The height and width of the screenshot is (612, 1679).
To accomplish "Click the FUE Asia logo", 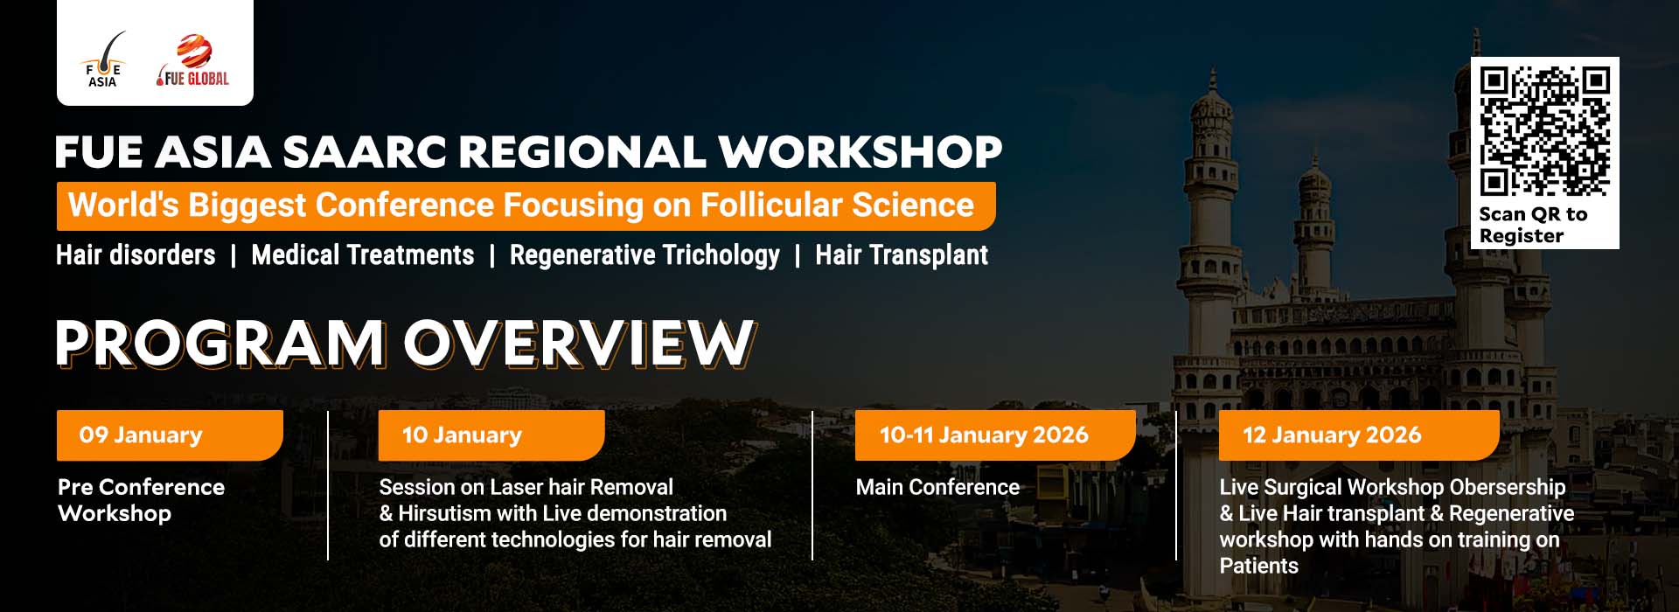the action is pyautogui.click(x=103, y=60).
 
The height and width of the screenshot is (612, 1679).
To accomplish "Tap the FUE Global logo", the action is pyautogui.click(x=193, y=60).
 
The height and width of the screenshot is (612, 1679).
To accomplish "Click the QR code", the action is pyautogui.click(x=1544, y=130).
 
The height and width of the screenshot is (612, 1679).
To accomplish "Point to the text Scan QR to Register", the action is pyautogui.click(x=1532, y=225).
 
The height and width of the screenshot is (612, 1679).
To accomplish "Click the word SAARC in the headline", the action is pyautogui.click(x=363, y=152).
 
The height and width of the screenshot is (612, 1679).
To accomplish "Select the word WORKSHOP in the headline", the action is pyautogui.click(x=860, y=152).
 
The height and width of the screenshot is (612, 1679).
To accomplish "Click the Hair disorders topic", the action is pyautogui.click(x=136, y=255).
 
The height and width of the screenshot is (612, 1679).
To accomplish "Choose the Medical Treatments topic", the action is pyautogui.click(x=363, y=255).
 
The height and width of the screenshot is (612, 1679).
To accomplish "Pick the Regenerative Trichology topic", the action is pyautogui.click(x=644, y=256).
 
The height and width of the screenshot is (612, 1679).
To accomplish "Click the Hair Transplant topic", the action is pyautogui.click(x=902, y=255).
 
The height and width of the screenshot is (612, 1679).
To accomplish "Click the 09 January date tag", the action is pyautogui.click(x=170, y=435).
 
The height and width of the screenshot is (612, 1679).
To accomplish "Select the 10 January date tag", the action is pyautogui.click(x=491, y=435).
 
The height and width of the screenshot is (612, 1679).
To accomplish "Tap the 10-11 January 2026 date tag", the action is pyautogui.click(x=995, y=435).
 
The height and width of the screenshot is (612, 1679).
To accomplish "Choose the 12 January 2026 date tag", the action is pyautogui.click(x=1359, y=435).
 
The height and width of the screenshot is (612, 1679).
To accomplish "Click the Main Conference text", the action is pyautogui.click(x=937, y=487).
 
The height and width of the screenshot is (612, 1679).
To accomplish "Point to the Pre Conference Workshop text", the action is pyautogui.click(x=141, y=500).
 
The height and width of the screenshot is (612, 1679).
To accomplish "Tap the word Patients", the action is pyautogui.click(x=1258, y=566).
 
